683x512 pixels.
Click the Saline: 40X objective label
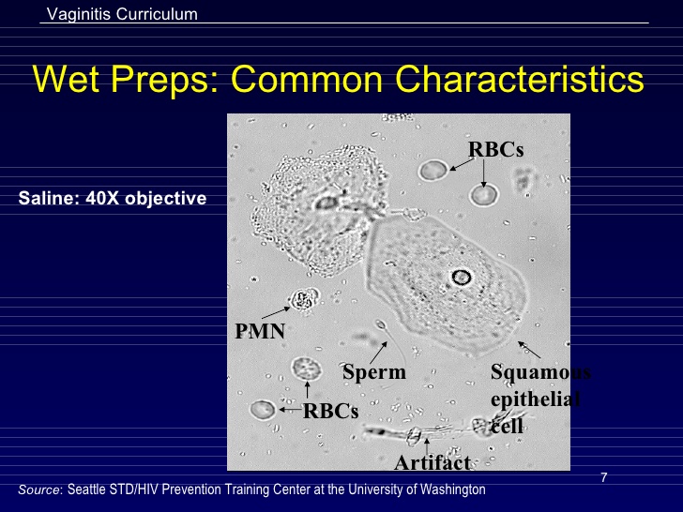pos(113,199)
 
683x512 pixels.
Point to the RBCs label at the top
pos(495,149)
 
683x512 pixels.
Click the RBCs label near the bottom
pos(330,410)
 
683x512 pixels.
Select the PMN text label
pos(259,331)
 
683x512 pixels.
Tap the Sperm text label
pos(374,372)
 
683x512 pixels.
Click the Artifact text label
pos(432,461)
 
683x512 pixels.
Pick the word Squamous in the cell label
pos(539,372)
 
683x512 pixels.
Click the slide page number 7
pos(604,478)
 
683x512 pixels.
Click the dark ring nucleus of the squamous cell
pos(461,277)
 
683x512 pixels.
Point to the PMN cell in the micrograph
pos(303,300)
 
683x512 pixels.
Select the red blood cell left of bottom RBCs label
pos(263,410)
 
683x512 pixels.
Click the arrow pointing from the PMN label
pos(275,312)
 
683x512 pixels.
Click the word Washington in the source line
pos(455,489)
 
